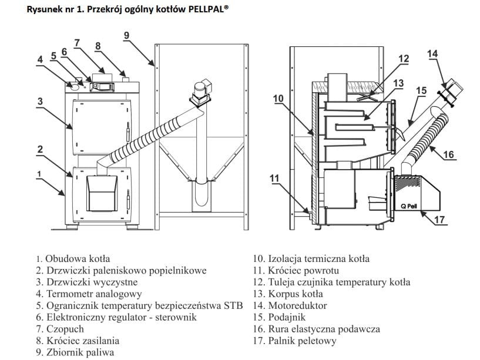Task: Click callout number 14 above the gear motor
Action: click(432, 54)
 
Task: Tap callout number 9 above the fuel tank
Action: click(126, 35)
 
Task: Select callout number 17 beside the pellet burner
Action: click(439, 221)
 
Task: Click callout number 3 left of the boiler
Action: click(40, 101)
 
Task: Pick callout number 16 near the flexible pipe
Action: click(448, 155)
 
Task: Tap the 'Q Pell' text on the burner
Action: click(409, 206)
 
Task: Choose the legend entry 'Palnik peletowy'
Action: click(303, 341)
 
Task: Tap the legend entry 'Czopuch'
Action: click(64, 329)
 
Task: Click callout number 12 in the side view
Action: click(403, 59)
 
